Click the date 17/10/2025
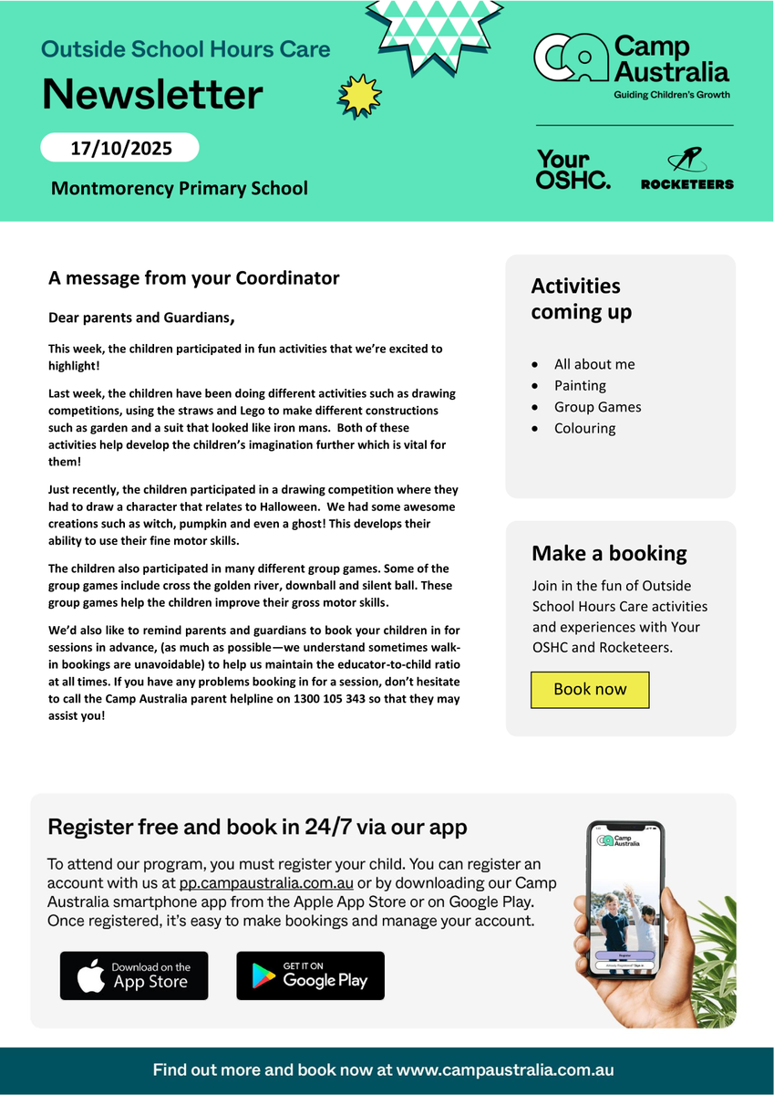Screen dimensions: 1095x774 120,148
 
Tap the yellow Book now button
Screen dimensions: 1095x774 590,690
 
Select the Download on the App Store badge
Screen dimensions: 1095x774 134,975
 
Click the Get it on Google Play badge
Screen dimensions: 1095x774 310,975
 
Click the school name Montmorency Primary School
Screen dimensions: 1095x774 180,189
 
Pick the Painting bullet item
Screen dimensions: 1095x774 580,385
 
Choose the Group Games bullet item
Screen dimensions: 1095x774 597,407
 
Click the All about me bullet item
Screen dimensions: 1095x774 594,364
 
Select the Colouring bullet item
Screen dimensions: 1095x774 584,428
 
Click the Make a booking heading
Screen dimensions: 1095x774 609,554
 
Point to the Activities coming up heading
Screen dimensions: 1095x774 581,298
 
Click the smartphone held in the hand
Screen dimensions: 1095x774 625,899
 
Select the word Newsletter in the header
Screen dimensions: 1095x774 152,94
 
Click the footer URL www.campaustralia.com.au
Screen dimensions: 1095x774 505,1070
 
